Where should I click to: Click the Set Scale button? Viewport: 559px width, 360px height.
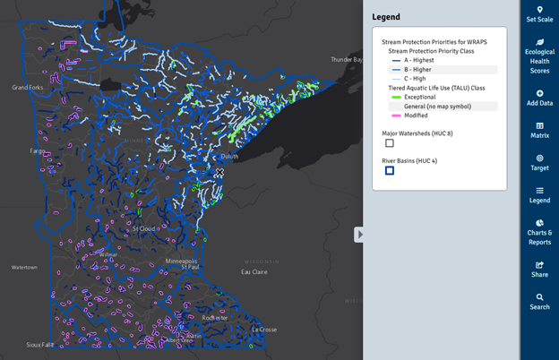point(539,14)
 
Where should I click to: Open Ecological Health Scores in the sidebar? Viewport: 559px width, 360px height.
point(539,56)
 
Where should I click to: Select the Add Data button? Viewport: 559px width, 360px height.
point(539,99)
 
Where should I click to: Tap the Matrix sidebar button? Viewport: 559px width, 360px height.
point(539,131)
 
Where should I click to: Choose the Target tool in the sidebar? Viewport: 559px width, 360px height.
point(539,163)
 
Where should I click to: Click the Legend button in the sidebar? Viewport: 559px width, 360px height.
point(539,195)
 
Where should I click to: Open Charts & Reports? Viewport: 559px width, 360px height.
point(539,233)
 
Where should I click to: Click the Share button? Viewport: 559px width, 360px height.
point(539,270)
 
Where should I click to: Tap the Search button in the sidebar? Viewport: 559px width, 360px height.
point(539,302)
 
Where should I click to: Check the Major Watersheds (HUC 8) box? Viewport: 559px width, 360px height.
point(390,143)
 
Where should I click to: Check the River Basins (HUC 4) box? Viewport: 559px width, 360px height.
point(390,170)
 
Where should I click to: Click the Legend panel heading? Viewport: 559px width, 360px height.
point(386,17)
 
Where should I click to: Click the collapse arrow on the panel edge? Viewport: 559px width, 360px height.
point(359,235)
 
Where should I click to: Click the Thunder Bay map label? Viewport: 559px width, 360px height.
point(346,60)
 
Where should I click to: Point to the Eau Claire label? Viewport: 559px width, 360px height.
point(254,272)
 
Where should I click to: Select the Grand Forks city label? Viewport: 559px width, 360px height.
point(28,88)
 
